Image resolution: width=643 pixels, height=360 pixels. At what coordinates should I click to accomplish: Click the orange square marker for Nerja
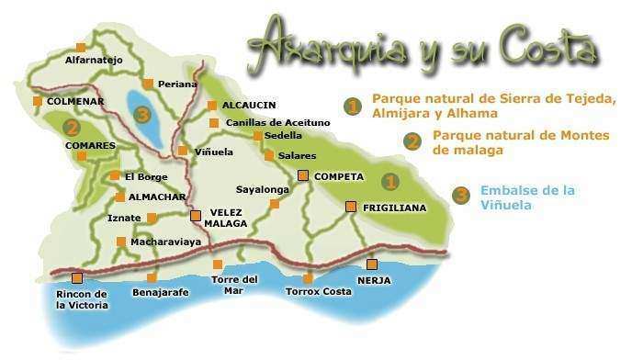(371, 264)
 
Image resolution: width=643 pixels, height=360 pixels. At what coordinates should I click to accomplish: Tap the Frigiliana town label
(395, 208)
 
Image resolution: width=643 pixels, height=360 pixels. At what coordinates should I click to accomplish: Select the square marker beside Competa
(302, 175)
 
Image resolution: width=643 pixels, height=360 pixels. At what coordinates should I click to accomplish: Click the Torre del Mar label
(234, 285)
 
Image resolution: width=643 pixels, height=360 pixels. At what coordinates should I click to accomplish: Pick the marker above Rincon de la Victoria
(77, 277)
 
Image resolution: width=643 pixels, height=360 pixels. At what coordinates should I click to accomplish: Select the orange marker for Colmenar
(37, 101)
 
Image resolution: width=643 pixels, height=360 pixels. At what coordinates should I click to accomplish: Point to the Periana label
(177, 84)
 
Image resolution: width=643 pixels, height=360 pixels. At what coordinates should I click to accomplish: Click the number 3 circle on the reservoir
(141, 115)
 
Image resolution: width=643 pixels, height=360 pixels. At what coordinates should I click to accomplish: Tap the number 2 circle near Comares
(72, 127)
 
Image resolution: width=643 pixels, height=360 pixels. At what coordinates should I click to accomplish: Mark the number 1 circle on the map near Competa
(390, 181)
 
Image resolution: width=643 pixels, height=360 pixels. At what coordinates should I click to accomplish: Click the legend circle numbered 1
(352, 107)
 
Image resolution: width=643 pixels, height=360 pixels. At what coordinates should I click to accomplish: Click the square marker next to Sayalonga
(274, 204)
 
